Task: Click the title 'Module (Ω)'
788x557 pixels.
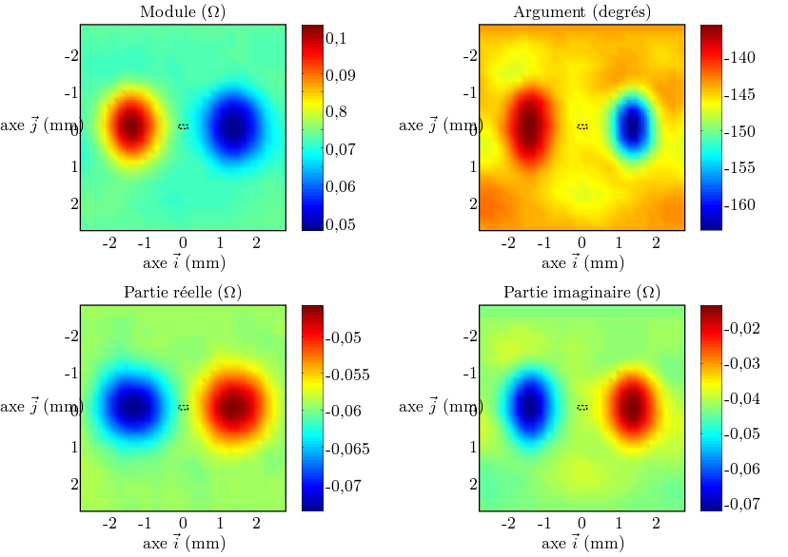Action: (183, 12)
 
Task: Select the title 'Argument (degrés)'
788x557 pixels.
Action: (581, 12)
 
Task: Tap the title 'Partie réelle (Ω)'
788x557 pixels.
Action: (183, 293)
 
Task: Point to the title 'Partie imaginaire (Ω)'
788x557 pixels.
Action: (581, 293)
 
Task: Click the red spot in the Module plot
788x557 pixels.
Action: (130, 125)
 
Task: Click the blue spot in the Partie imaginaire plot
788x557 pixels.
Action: (529, 406)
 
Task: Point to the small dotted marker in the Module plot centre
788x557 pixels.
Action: (184, 125)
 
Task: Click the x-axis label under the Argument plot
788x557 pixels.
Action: (581, 263)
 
